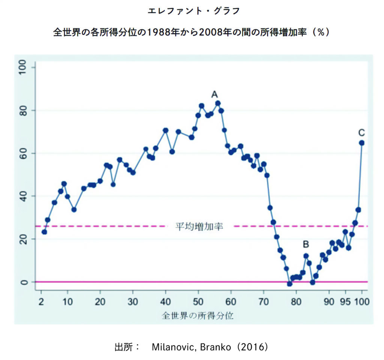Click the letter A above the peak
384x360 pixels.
click(214, 94)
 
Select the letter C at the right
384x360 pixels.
click(361, 133)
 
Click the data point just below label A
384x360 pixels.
click(217, 103)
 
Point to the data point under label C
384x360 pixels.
click(362, 143)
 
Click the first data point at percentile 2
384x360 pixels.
click(44, 232)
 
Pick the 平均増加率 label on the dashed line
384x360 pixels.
click(199, 227)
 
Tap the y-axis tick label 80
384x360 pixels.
click(24, 110)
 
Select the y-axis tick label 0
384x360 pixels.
click(24, 282)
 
